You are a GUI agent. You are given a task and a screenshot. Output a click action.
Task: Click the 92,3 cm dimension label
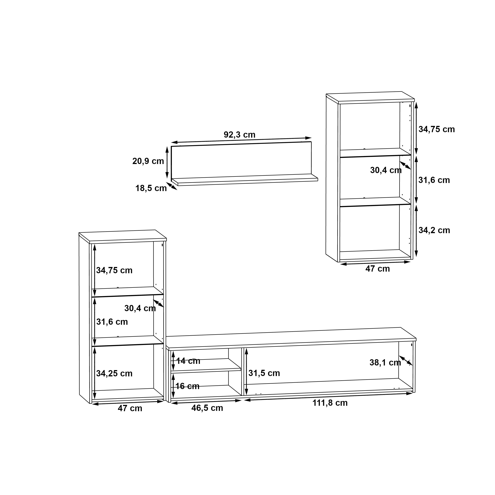point(240,135)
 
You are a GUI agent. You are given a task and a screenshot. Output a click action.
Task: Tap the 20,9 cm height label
point(148,161)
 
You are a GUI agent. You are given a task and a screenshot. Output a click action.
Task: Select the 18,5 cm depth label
point(151,188)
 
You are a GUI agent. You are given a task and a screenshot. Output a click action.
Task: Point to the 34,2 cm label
point(434,230)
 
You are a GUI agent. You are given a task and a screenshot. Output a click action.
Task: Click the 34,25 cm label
point(114,374)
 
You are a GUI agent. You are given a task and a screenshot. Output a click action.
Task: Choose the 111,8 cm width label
point(330,403)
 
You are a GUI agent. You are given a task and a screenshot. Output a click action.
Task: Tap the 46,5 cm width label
point(207,408)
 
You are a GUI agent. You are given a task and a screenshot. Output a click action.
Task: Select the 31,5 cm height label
point(264,373)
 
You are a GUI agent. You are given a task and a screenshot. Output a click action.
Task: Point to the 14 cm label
point(188,361)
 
